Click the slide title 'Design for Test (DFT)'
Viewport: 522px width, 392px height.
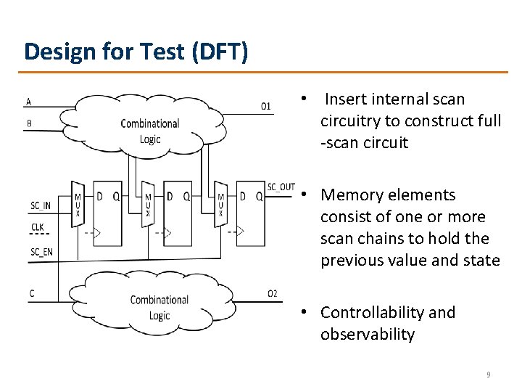coord(136,51)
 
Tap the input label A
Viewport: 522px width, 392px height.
coord(28,101)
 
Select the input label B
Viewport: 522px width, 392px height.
coord(28,123)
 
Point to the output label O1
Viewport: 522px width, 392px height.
coord(266,107)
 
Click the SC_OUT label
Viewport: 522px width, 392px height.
coord(281,187)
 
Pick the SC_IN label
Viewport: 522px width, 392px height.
coord(41,205)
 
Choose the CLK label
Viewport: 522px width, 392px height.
coord(37,227)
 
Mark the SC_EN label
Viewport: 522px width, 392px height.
coord(41,252)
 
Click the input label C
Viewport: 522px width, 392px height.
coord(32,293)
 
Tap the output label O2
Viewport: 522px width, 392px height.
coord(272,293)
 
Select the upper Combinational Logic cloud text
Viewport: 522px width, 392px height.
coord(150,131)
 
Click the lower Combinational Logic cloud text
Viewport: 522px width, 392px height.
coord(159,307)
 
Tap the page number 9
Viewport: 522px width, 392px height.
coord(488,375)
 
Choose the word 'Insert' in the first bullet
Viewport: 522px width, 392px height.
coord(345,99)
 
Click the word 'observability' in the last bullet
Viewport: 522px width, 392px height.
coord(368,335)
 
